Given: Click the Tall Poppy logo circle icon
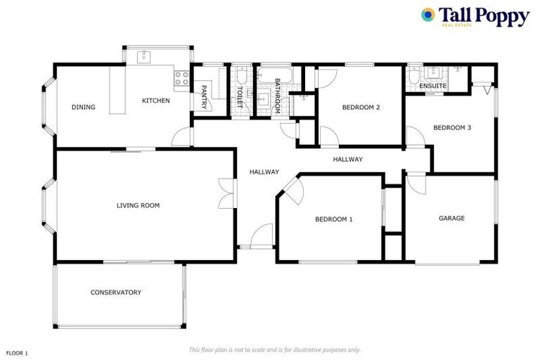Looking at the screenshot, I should coord(427,15).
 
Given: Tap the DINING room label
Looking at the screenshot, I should coord(83,108).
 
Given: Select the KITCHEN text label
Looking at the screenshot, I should coord(155,101).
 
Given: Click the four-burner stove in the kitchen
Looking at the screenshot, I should coord(181,78).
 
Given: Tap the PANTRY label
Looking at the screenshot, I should coord(204,96).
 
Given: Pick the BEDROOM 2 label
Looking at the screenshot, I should coord(361,108).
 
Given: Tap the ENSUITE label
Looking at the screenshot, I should coord(432,86).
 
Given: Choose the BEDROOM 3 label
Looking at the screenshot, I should coord(451,127).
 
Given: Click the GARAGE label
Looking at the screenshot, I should coord(451,218).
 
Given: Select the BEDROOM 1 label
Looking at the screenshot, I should coord(333,219).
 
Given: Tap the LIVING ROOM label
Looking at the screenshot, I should coord(138,205).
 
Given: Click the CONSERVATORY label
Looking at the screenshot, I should coord(115,292).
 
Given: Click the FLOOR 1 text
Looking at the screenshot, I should coord(17,352).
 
